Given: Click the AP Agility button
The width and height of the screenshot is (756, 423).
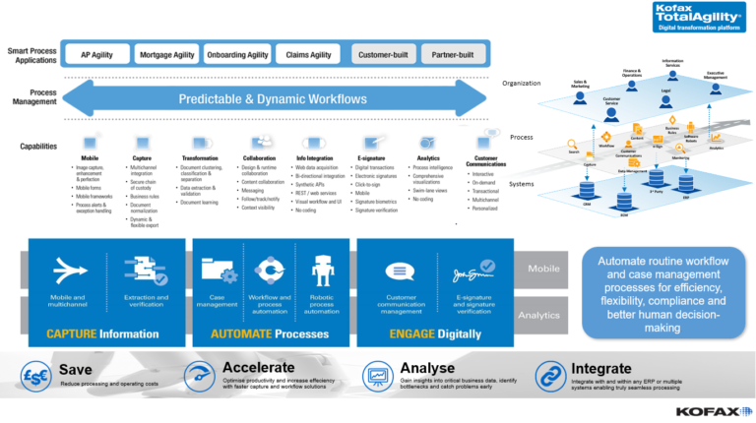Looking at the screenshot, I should click(95, 55).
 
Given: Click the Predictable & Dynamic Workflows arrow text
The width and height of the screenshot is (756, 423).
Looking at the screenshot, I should click(275, 99).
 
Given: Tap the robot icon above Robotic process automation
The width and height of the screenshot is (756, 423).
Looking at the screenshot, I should click(322, 268).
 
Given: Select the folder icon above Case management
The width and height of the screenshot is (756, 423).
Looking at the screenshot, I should click(217, 268).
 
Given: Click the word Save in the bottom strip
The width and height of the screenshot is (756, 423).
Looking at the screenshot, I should click(75, 371).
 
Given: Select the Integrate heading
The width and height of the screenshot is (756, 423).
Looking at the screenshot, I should click(601, 368).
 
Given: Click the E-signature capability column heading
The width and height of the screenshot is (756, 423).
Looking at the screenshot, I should click(372, 157).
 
